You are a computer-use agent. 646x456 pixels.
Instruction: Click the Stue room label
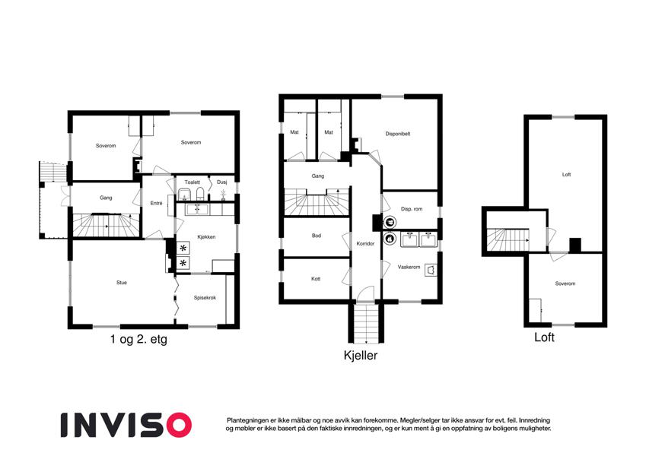(122, 283)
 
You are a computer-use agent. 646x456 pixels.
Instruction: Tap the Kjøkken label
(205, 237)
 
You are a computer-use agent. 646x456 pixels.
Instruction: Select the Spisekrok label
(205, 298)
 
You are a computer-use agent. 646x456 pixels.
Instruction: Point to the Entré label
(157, 203)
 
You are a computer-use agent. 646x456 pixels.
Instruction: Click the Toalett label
(192, 182)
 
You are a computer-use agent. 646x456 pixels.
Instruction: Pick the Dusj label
(221, 182)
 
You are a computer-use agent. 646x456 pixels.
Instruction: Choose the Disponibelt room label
(398, 134)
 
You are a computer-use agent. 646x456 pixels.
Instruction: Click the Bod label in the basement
(317, 236)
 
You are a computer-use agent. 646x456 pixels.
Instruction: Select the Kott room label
(316, 279)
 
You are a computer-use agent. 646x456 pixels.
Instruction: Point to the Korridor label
(366, 244)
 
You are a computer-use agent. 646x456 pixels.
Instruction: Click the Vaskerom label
(409, 267)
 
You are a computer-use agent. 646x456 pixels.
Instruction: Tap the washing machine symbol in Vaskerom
(431, 269)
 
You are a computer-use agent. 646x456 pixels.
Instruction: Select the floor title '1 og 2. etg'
(138, 340)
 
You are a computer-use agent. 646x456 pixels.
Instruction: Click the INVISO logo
(126, 423)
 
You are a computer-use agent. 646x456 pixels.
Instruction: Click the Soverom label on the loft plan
(565, 283)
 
